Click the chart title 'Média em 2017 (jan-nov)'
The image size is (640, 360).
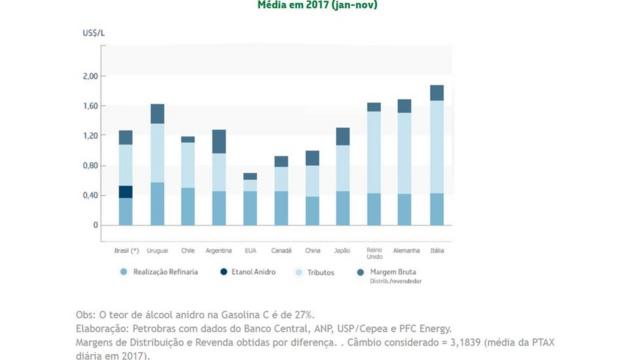click(319, 5)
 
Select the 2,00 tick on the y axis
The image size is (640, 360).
click(90, 76)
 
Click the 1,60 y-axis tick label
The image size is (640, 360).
click(90, 106)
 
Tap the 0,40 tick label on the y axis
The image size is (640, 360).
click(90, 195)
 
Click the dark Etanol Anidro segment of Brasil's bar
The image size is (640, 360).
click(126, 191)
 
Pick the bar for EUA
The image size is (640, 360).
click(250, 200)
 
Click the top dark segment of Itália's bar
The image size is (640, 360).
click(436, 93)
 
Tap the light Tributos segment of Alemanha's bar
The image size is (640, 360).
click(405, 153)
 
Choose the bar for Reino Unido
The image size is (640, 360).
click(374, 164)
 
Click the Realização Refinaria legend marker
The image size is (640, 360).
click(124, 271)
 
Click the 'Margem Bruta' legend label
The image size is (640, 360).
click(394, 271)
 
